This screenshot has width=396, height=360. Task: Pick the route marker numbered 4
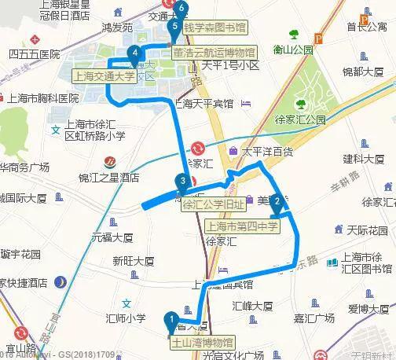[x=136, y=54]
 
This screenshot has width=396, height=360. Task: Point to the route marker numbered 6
[x=182, y=9]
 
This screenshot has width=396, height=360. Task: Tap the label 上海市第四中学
[x=242, y=226]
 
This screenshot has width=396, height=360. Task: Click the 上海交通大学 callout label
[x=103, y=77]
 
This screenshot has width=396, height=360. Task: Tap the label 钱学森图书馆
[x=214, y=28]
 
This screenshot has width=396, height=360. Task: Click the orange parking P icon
[x=318, y=37]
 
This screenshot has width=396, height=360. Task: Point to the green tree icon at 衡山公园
[x=294, y=35]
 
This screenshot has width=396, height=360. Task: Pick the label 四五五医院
[x=34, y=54]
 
